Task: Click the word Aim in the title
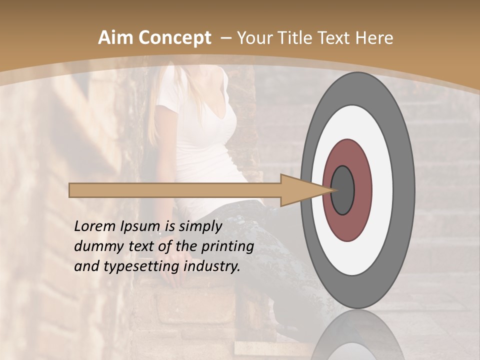116,38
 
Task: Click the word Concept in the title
174,38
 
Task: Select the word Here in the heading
375,38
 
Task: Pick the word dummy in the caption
95,246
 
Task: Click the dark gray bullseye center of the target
343,190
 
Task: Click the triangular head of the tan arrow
300,190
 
